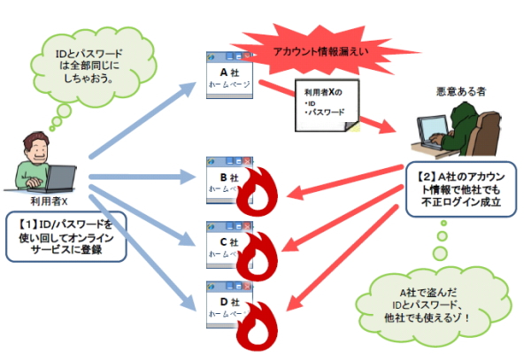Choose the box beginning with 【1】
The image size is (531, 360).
67,235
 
